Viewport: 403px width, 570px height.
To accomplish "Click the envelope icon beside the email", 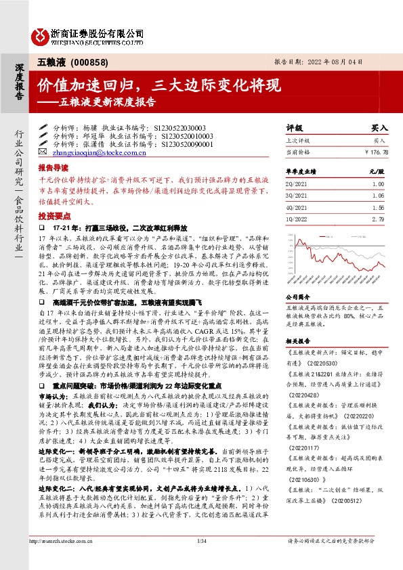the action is coord(43,154).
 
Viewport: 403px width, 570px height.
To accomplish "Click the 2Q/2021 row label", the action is coord(296,184).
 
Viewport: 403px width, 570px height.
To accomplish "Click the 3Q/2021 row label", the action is coord(296,196).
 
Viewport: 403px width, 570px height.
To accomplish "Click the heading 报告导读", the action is coord(52,167).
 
